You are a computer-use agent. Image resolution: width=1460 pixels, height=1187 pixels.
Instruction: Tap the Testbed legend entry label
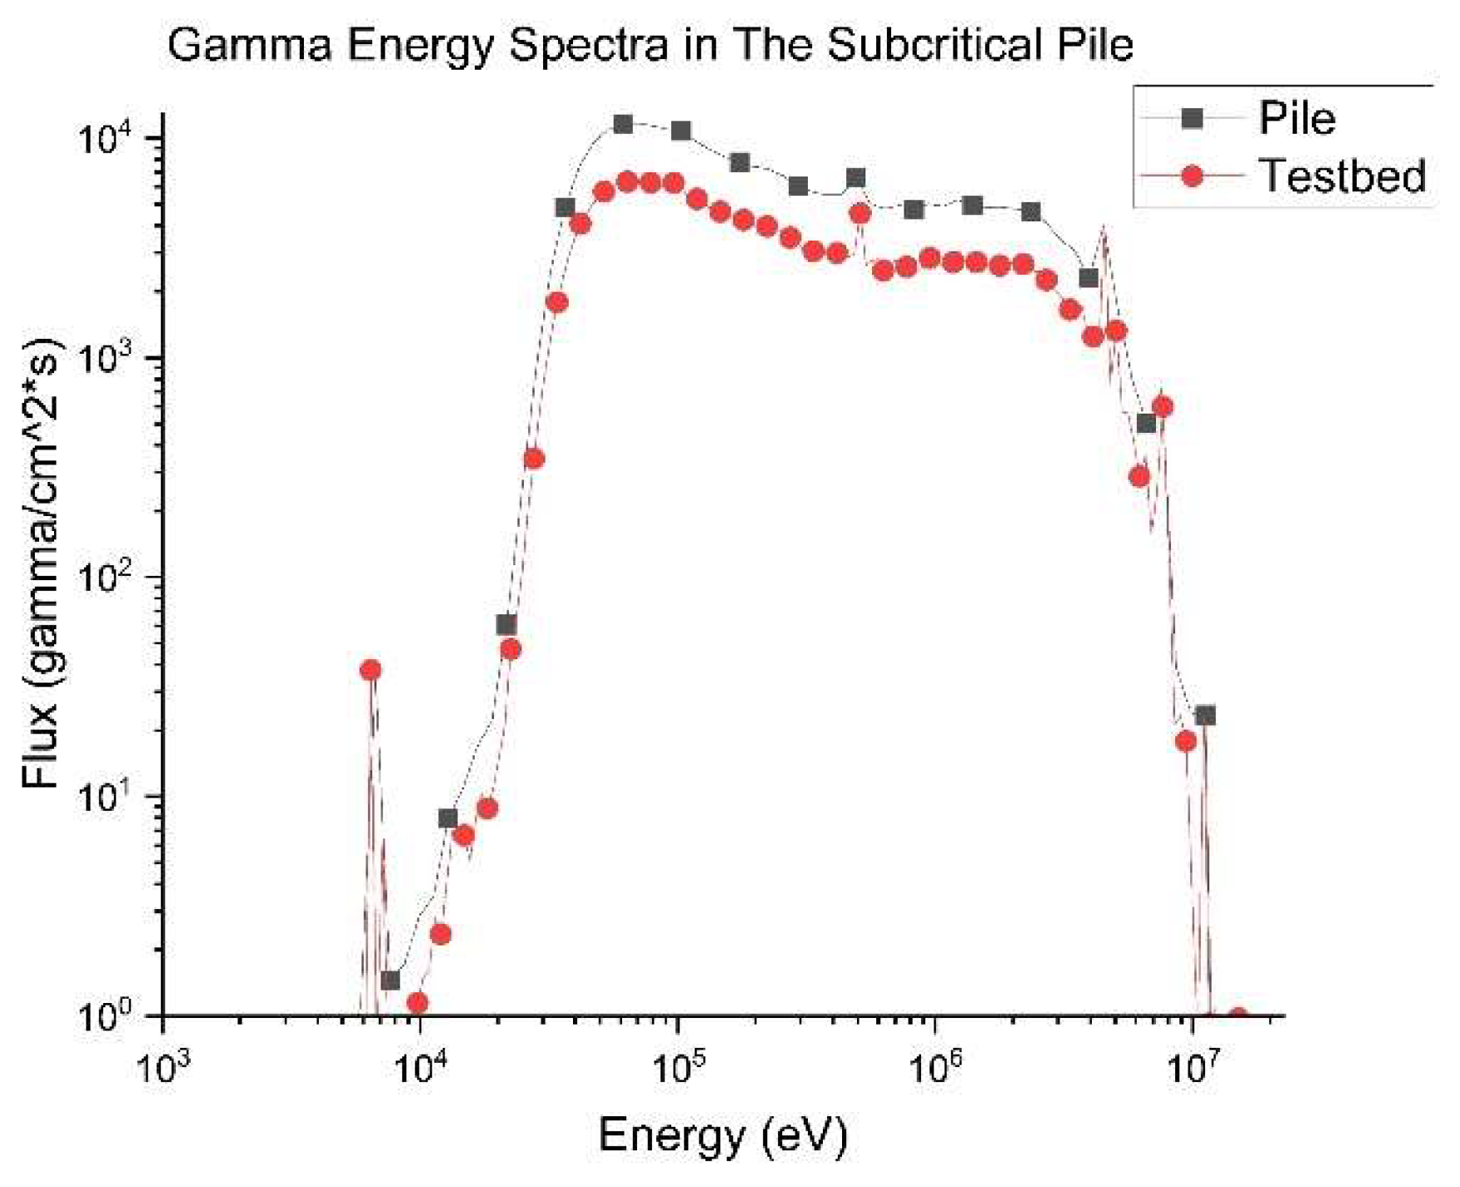tap(1343, 176)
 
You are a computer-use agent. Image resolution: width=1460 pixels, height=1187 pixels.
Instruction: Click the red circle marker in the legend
tap(1193, 176)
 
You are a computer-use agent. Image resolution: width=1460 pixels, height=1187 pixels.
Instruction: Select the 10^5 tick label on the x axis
tap(678, 1068)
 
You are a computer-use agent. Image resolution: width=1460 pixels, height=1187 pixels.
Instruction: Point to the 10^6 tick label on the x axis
tap(935, 1068)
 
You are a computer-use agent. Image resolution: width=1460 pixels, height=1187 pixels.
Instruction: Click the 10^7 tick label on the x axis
tap(1192, 1068)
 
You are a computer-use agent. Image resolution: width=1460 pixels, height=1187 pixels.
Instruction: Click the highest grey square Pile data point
tap(623, 124)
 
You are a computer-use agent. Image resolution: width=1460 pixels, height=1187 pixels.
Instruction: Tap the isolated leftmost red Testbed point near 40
tap(370, 670)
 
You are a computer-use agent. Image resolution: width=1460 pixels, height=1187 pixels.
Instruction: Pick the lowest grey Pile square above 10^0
tap(390, 981)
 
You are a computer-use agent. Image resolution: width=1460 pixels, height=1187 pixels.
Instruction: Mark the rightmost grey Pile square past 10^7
tap(1205, 715)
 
